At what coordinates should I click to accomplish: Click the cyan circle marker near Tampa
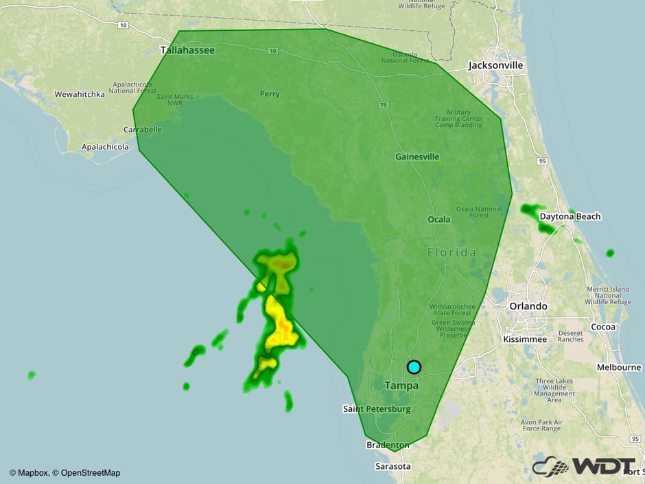(414, 367)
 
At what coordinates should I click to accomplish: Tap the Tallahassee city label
(187, 50)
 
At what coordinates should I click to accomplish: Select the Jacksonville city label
(495, 65)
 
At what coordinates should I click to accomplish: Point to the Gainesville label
(417, 157)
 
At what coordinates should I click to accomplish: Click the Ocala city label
(439, 220)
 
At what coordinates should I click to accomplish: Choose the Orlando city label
(528, 306)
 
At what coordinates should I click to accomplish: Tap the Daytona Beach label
(570, 216)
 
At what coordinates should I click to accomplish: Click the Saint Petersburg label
(377, 408)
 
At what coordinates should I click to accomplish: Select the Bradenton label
(388, 446)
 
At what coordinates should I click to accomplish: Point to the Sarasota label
(393, 466)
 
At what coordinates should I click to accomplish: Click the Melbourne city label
(618, 367)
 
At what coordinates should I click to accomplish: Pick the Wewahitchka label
(80, 94)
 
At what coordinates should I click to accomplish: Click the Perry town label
(270, 94)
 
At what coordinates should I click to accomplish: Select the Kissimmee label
(525, 339)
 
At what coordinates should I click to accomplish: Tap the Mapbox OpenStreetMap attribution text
(65, 472)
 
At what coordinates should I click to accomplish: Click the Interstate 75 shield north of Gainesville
(382, 104)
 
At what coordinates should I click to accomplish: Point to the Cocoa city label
(604, 327)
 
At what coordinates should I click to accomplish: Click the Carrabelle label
(143, 129)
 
